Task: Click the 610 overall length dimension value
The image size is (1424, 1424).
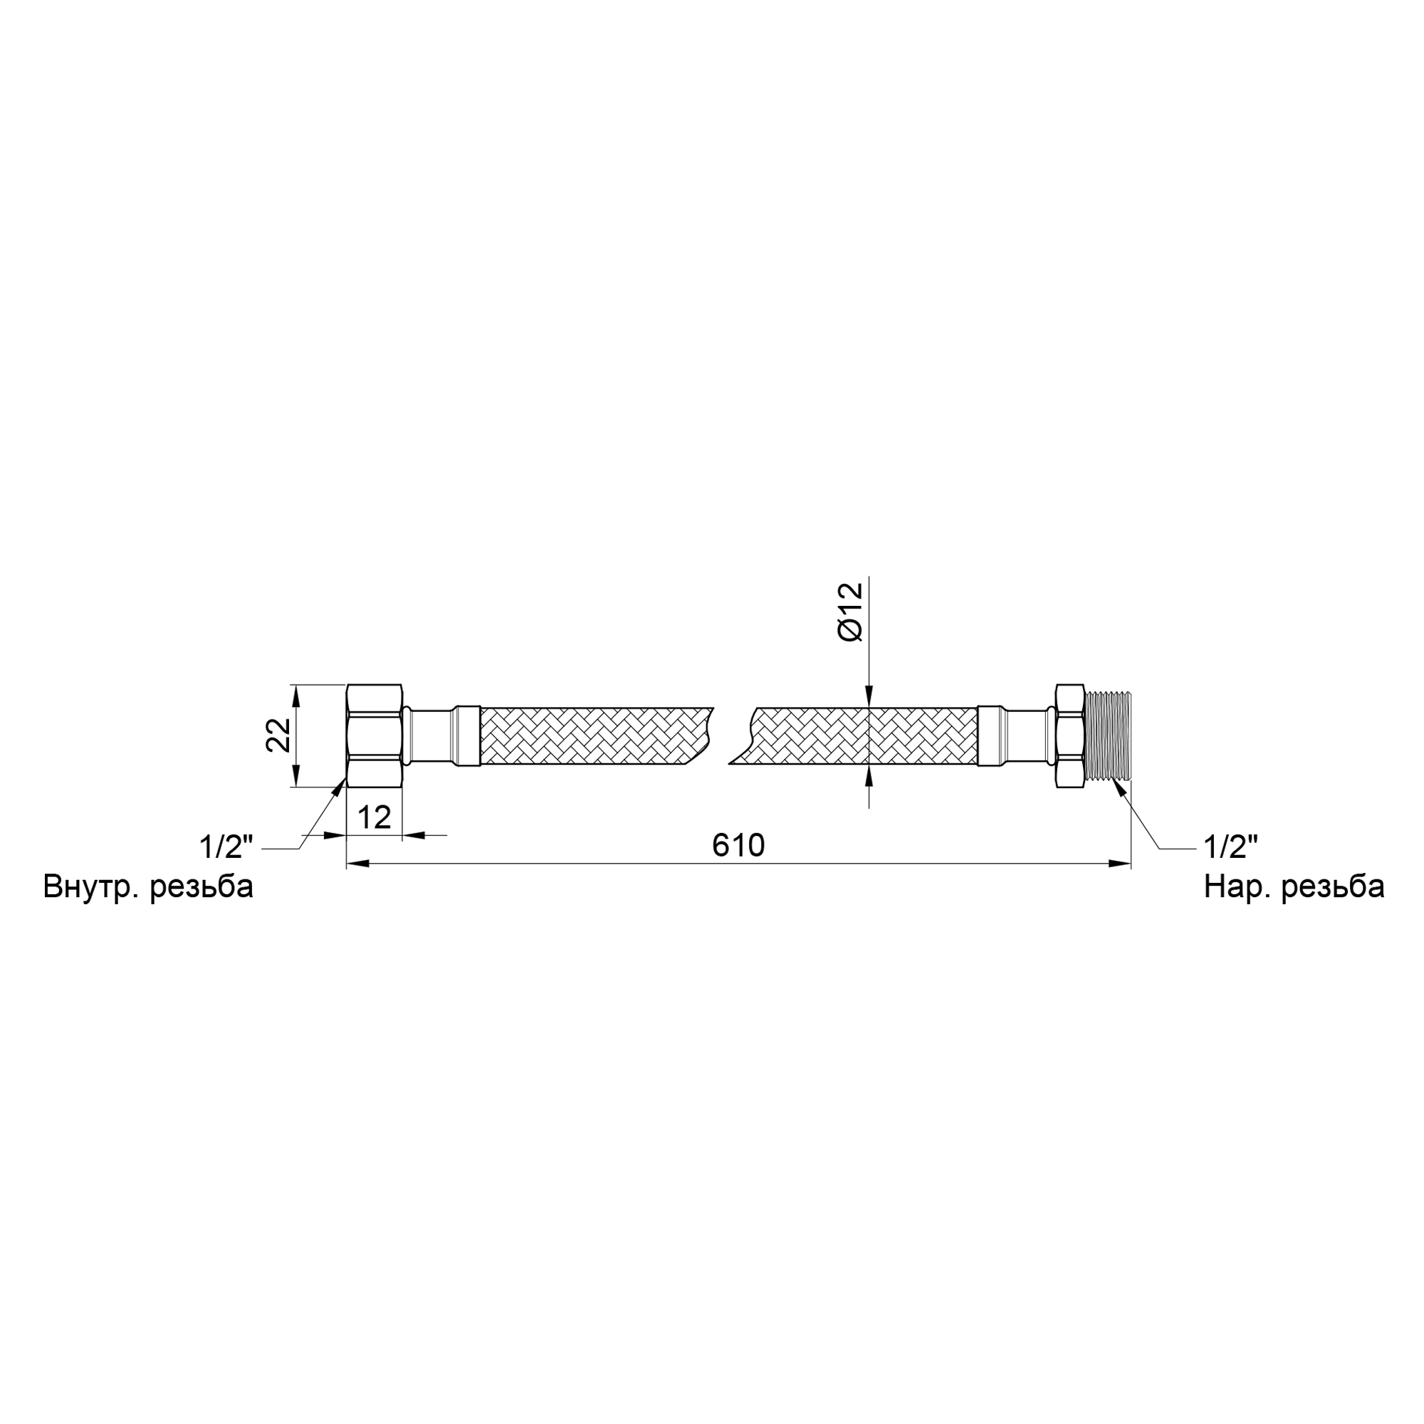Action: click(738, 845)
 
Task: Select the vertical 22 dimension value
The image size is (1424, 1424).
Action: click(278, 735)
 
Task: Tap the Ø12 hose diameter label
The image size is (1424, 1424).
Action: click(850, 612)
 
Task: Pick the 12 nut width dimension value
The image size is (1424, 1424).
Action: click(374, 817)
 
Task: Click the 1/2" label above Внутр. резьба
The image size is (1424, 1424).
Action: click(226, 847)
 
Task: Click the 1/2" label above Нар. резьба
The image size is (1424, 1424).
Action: click(1230, 847)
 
